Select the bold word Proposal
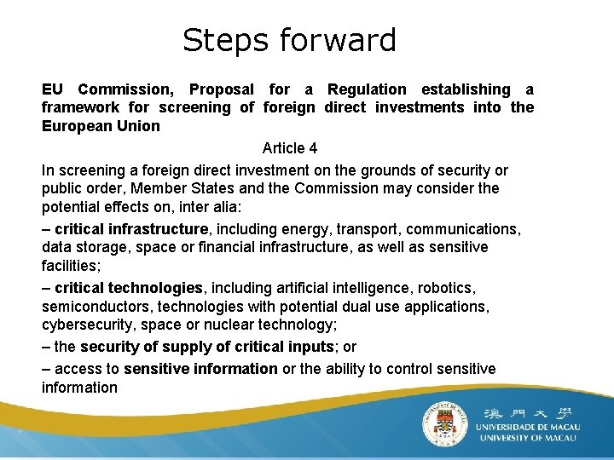coord(221,89)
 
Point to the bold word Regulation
coord(367,89)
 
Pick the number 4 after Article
coord(313,148)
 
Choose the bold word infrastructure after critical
coord(157,229)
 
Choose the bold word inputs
coord(307,347)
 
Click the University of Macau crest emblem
coord(445,423)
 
